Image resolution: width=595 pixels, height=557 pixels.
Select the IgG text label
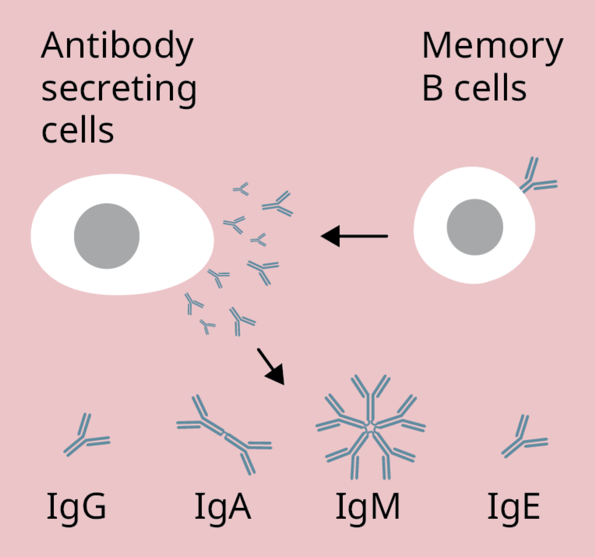(76, 507)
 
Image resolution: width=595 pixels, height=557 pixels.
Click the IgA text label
(223, 507)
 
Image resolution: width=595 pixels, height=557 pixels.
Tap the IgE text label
(514, 507)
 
